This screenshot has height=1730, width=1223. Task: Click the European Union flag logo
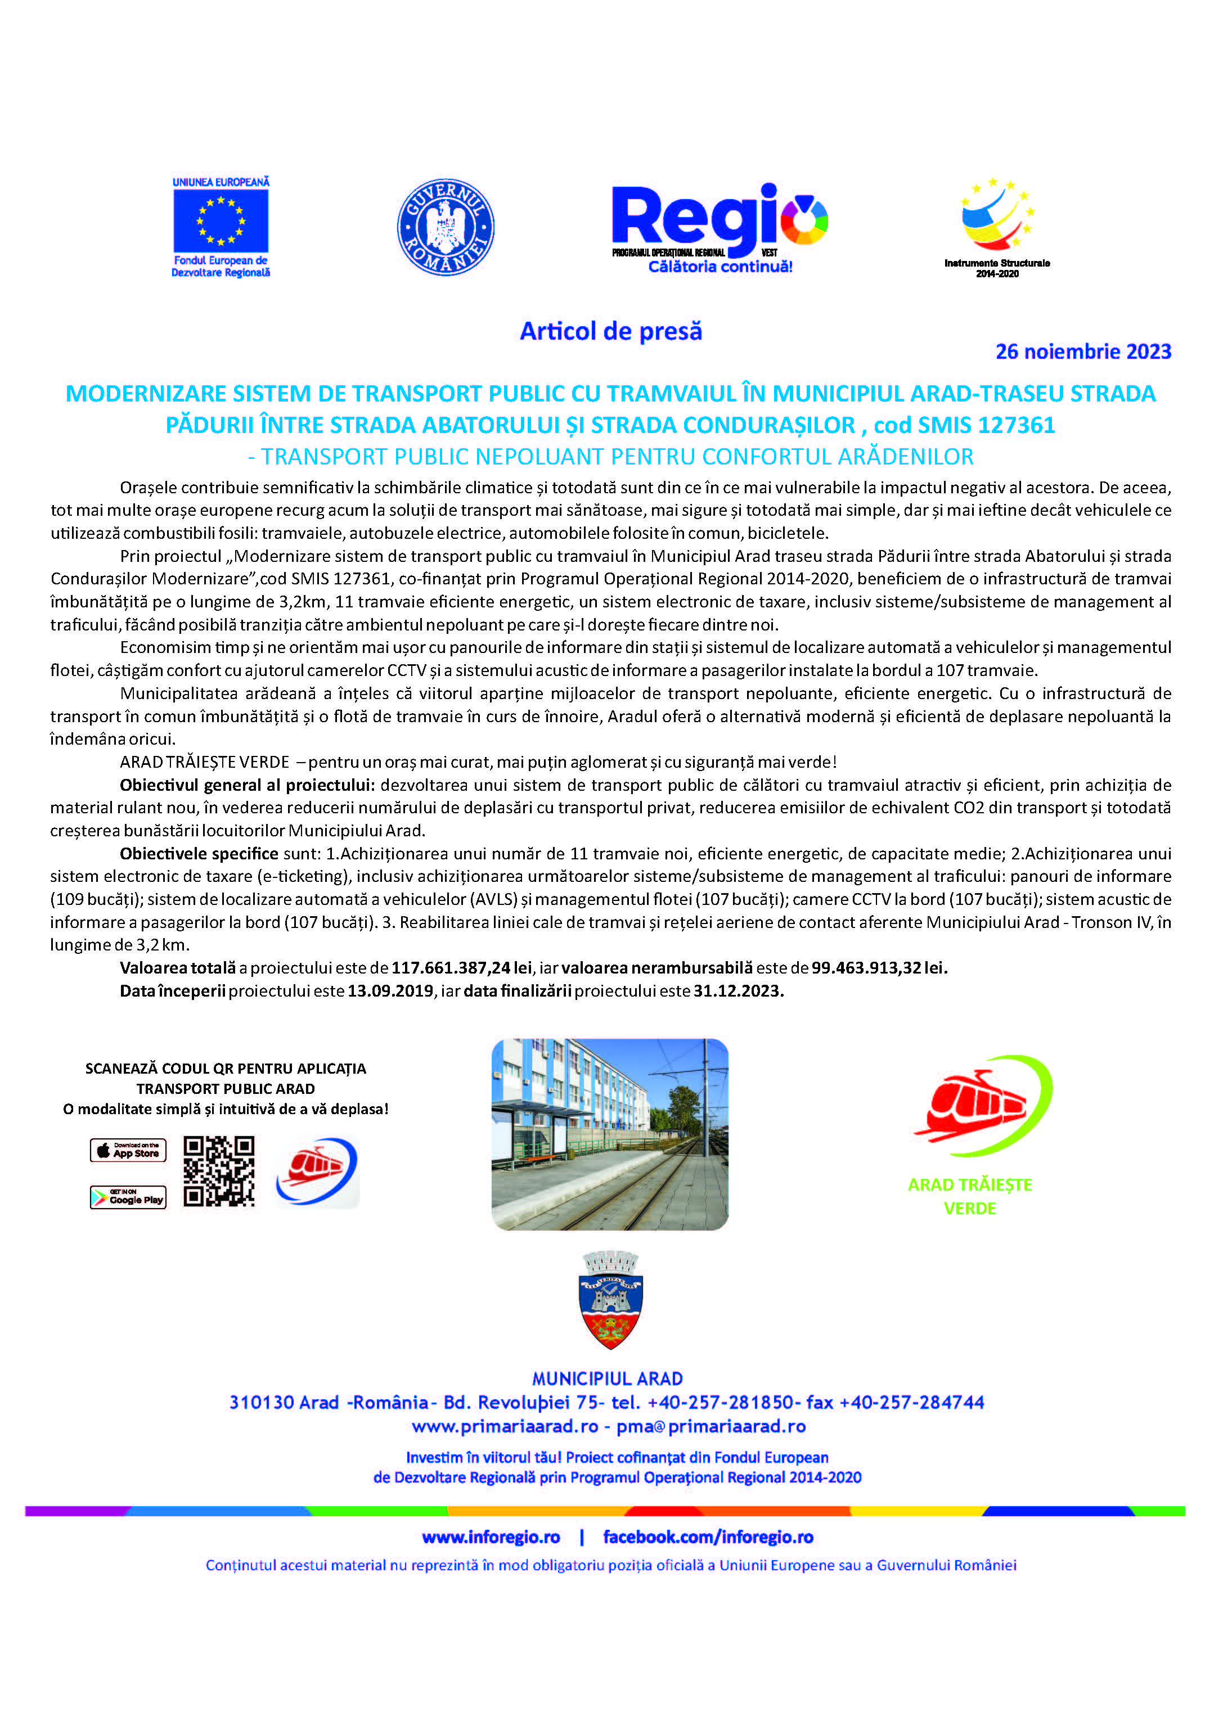point(221,222)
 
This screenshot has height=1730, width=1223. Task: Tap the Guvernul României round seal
point(446,227)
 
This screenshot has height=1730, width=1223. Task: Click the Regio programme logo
point(720,226)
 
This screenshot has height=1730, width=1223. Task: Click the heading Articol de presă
point(610,331)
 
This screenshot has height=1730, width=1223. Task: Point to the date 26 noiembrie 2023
point(1083,352)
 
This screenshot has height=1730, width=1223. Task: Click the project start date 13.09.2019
point(390,991)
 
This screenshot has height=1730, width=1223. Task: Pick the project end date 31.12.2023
point(739,991)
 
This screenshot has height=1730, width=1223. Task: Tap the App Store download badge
point(128,1150)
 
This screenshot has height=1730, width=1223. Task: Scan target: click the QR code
point(219,1172)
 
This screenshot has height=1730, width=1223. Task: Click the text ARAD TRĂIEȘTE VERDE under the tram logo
point(970,1196)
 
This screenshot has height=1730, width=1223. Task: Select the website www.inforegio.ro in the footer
point(491,1537)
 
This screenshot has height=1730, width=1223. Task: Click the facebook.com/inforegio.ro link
point(708,1537)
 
